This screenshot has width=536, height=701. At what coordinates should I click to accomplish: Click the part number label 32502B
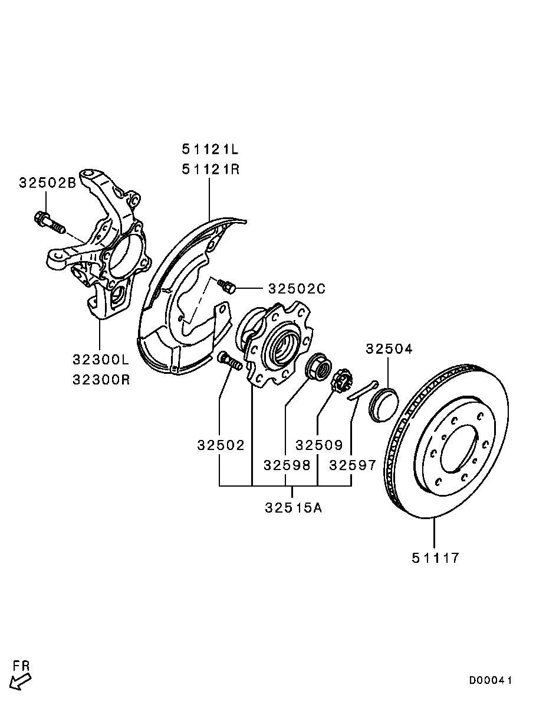[47, 183]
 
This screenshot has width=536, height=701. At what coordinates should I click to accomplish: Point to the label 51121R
[211, 169]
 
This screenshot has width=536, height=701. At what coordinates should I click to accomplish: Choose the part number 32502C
[297, 289]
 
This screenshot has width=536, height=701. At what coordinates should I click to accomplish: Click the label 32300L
[100, 359]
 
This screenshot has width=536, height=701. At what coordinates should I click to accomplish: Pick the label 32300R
[100, 379]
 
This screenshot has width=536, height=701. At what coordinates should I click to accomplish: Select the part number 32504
[389, 348]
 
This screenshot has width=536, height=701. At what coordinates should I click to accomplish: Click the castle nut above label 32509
[340, 382]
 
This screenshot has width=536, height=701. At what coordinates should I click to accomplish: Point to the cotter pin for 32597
[361, 391]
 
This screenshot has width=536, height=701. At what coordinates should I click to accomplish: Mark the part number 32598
[287, 465]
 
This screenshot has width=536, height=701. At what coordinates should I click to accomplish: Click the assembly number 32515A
[293, 508]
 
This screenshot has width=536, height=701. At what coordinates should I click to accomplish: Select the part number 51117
[435, 557]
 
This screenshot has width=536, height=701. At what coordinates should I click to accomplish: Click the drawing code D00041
[491, 680]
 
